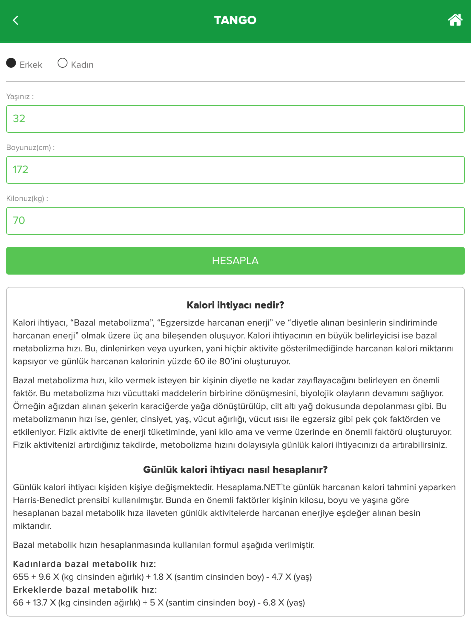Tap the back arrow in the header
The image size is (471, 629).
click(x=16, y=20)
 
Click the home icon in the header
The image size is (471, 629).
click(x=455, y=20)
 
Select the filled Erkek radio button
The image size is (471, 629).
click(x=11, y=63)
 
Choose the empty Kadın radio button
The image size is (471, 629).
click(x=63, y=63)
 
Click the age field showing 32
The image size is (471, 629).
click(x=235, y=119)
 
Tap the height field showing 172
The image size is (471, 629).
click(x=235, y=170)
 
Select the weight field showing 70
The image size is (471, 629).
click(x=235, y=221)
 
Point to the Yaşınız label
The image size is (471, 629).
click(x=20, y=97)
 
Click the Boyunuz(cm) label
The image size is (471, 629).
click(x=30, y=148)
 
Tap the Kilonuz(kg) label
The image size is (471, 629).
click(x=27, y=198)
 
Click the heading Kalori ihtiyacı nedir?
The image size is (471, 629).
click(x=235, y=305)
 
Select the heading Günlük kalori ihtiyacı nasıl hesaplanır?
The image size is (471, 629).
click(x=235, y=469)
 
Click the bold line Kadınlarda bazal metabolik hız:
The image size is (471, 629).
click(x=84, y=564)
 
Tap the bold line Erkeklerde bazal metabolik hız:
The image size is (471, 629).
click(x=85, y=590)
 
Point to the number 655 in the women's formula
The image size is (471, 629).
click(x=21, y=577)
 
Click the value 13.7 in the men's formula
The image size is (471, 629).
click(x=40, y=603)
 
